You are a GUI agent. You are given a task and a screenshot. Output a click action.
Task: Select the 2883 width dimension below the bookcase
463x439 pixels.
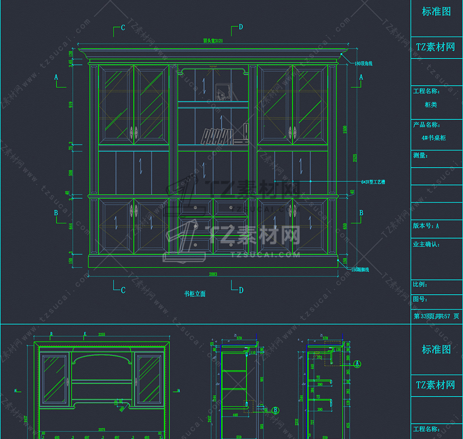[x=213, y=275]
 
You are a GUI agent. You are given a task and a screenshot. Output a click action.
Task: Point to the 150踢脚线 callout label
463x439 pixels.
[x=360, y=269]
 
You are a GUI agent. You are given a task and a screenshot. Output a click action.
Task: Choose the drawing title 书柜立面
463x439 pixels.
[x=194, y=294]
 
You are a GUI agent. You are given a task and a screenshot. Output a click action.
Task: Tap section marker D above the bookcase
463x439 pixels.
[x=240, y=27]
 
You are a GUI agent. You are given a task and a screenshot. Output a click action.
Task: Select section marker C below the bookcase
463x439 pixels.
[x=123, y=290]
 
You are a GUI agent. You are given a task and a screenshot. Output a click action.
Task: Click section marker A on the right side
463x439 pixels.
[x=361, y=77]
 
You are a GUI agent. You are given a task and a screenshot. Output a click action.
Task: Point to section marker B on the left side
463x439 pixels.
[x=56, y=213]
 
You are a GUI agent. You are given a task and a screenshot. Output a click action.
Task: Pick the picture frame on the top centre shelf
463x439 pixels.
[x=223, y=91]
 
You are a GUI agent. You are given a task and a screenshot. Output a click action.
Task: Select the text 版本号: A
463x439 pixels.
[x=426, y=226]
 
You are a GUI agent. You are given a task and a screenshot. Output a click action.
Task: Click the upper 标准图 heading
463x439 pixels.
[x=436, y=12]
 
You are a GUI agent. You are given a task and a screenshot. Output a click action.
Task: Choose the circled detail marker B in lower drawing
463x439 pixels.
[x=275, y=410]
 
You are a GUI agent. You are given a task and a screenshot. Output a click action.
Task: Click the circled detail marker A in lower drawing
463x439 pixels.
[x=357, y=363]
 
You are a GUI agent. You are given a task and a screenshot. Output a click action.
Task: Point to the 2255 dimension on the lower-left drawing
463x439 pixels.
[x=102, y=335]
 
